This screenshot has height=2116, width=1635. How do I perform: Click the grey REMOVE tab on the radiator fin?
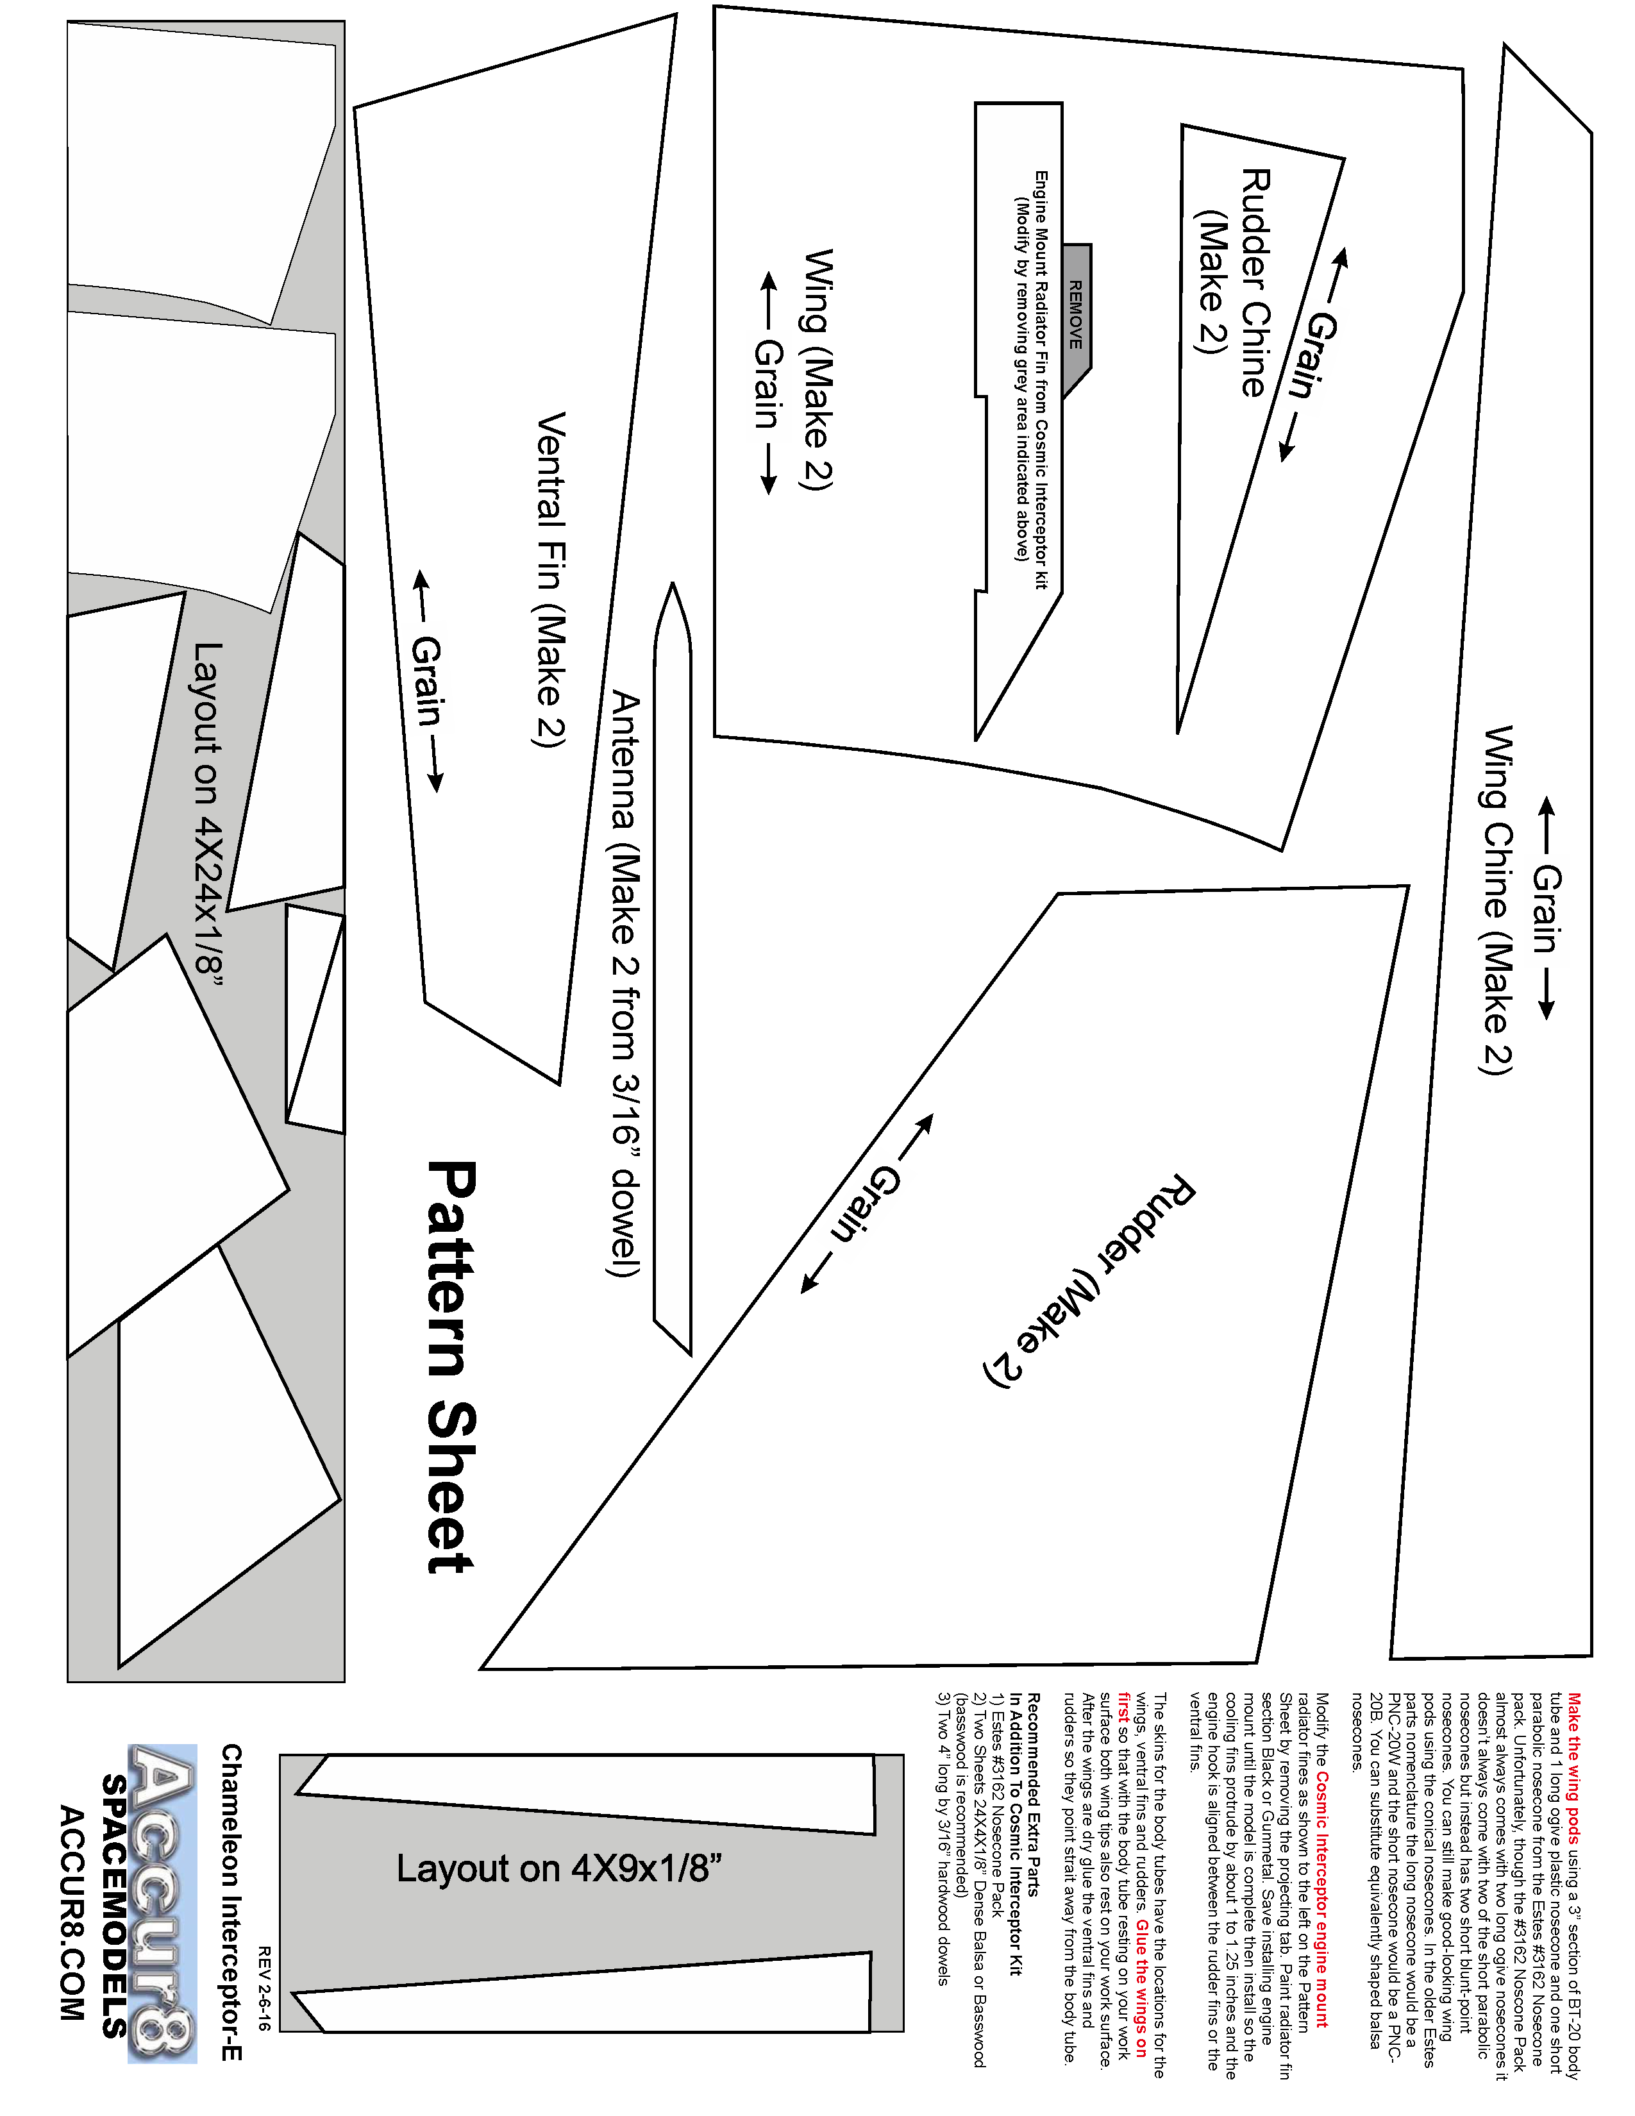(x=1076, y=316)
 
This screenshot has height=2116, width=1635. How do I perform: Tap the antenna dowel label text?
(x=626, y=984)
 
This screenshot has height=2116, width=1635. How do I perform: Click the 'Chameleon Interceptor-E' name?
(x=233, y=1903)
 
